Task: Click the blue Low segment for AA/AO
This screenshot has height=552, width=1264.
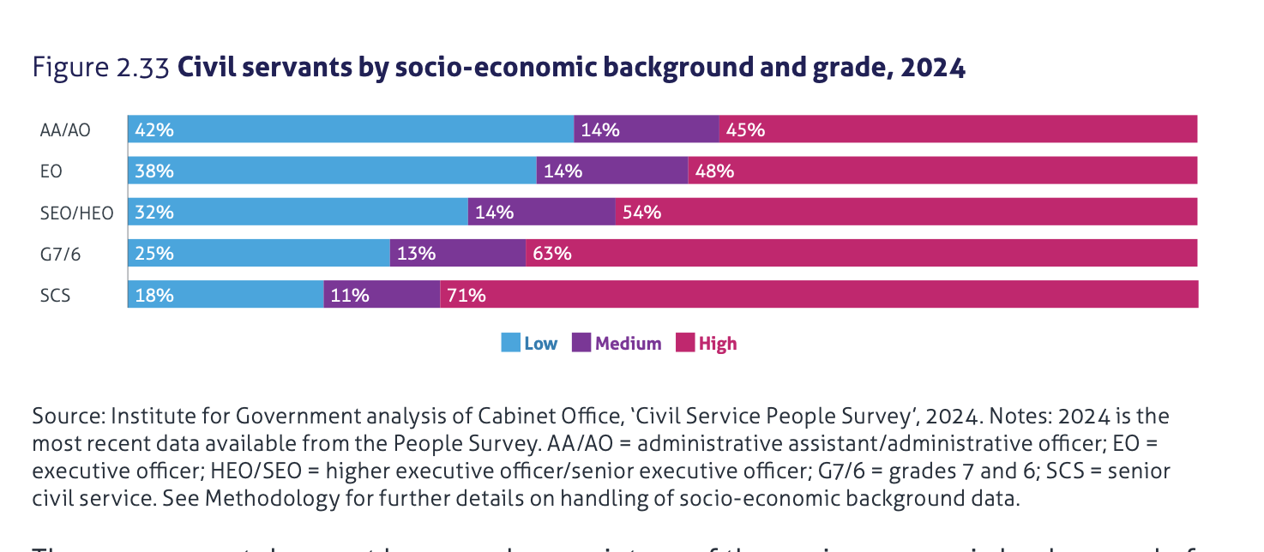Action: (x=351, y=129)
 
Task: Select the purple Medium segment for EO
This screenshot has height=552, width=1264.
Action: (x=612, y=171)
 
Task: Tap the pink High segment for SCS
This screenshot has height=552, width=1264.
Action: (x=819, y=295)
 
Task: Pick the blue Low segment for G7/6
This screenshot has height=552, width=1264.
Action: (x=259, y=254)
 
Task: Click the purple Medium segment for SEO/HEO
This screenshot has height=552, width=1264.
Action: (x=541, y=212)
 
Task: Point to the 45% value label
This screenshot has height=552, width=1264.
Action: (x=745, y=130)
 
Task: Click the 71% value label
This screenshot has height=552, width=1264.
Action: (x=466, y=296)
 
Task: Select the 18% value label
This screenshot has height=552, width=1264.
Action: (x=154, y=296)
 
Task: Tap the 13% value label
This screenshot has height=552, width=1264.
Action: (x=417, y=254)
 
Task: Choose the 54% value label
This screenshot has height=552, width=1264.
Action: (x=641, y=213)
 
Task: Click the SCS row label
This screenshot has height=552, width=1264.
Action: (x=55, y=296)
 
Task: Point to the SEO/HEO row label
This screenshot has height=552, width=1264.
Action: (x=76, y=213)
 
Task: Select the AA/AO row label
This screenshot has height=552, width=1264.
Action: (x=65, y=130)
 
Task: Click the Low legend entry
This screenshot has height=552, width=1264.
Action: (x=530, y=344)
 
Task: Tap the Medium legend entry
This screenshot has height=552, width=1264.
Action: (x=617, y=344)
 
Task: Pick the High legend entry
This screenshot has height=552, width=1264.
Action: (x=707, y=344)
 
